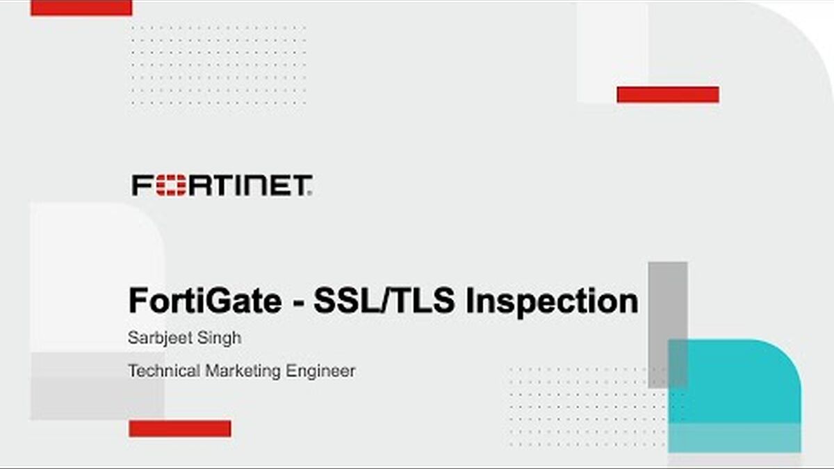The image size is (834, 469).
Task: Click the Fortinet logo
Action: coord(222,185)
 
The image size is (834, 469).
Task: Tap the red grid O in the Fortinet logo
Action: coord(171,185)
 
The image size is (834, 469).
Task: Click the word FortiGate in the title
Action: coord(205,301)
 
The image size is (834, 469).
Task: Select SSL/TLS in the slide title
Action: coord(384,301)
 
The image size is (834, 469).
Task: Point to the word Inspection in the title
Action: coord(552,302)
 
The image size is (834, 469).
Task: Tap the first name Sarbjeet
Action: coord(160,338)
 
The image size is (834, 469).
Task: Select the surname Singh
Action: coord(220,338)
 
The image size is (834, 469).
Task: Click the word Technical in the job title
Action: coord(164,371)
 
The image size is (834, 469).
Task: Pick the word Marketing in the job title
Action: coord(243,372)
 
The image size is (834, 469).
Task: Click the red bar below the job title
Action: coord(180,429)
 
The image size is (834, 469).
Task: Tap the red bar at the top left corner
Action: coord(81,8)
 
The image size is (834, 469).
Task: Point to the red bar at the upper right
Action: coord(668,94)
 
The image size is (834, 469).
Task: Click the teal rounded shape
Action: coord(734,396)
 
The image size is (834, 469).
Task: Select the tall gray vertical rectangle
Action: coord(668,325)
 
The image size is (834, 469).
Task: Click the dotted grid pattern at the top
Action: coord(219,65)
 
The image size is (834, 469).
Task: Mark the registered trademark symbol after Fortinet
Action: coord(310,194)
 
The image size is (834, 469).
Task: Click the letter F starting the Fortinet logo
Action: coord(142,185)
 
